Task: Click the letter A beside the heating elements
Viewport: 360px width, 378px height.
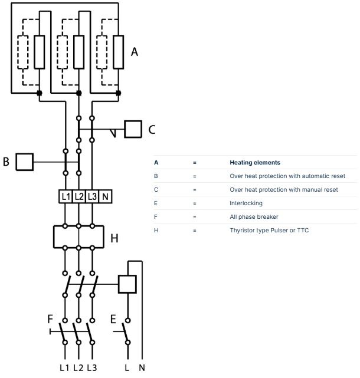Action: pyautogui.click(x=134, y=52)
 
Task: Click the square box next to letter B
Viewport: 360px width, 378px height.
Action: pyautogui.click(x=24, y=162)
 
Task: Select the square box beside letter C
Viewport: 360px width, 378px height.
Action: pyautogui.click(x=133, y=130)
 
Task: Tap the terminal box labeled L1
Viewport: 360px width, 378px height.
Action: pyautogui.click(x=65, y=196)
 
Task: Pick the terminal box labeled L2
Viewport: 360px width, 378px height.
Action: pyautogui.click(x=78, y=196)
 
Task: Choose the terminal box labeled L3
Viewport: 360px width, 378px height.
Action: pyautogui.click(x=92, y=196)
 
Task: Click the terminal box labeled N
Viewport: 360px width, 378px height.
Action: pyautogui.click(x=105, y=196)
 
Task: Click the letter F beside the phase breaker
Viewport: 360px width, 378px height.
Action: pyautogui.click(x=50, y=320)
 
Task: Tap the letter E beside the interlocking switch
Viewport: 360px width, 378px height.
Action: pyautogui.click(x=113, y=320)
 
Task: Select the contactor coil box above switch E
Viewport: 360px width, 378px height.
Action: pyautogui.click(x=128, y=284)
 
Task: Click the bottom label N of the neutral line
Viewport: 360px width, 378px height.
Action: pyautogui.click(x=142, y=368)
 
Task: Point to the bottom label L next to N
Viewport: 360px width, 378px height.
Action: pyautogui.click(x=127, y=368)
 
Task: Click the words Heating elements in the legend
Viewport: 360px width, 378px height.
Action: pyautogui.click(x=254, y=163)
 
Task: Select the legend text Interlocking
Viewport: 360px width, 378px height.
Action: pyautogui.click(x=246, y=203)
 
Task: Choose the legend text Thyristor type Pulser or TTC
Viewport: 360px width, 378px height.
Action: pyautogui.click(x=269, y=231)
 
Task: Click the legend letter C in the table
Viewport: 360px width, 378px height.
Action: pyautogui.click(x=156, y=190)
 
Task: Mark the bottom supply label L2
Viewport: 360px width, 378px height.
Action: pyautogui.click(x=78, y=368)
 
